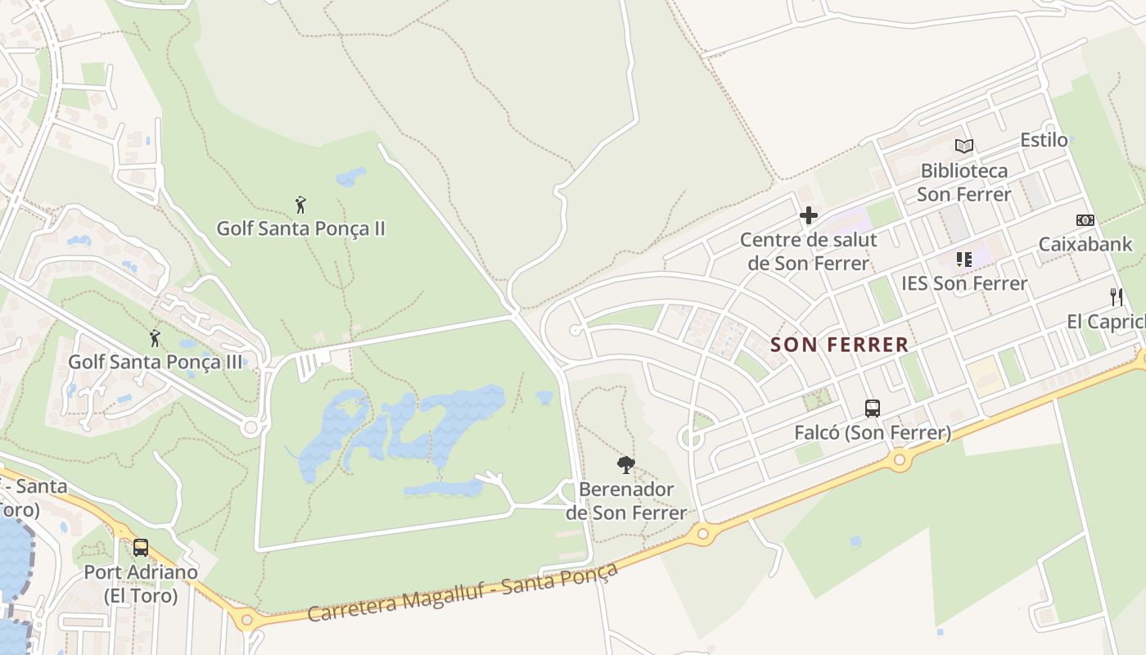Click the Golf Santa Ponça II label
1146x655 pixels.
pos(300,228)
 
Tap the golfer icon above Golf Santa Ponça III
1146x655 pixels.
pos(155,337)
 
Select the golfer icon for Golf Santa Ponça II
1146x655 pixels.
pos(300,205)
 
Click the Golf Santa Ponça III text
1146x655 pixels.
pos(156,361)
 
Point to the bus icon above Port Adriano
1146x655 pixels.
pos(141,547)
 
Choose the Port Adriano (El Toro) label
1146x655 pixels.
pos(141,584)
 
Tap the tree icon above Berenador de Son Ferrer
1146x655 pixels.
pos(626,465)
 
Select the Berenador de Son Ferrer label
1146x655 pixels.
pos(626,501)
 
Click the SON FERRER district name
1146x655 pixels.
pos(840,345)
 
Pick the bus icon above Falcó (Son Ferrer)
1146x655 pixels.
pos(873,408)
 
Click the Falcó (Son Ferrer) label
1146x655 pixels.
pos(873,432)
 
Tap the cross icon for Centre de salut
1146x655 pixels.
pos(809,216)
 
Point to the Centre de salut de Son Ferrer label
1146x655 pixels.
pos(809,251)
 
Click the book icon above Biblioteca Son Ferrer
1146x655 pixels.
pos(964,147)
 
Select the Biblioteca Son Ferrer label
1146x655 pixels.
pos(964,183)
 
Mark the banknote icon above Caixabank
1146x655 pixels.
pos(1085,220)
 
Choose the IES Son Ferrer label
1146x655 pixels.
pos(964,283)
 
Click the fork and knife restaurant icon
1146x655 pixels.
pos(1116,296)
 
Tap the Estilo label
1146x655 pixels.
pos(1044,140)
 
